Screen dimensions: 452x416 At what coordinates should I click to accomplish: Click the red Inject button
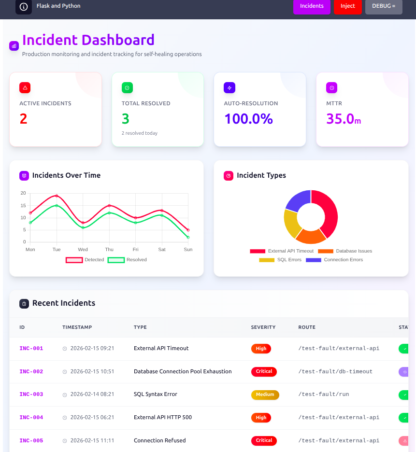click(x=347, y=6)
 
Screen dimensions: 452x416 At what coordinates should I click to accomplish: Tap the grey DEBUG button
click(x=384, y=6)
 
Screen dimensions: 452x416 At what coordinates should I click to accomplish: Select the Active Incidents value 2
click(x=23, y=119)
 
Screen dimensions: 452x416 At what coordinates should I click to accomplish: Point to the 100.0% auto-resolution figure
click(x=248, y=119)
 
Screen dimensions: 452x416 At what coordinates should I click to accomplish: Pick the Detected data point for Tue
click(x=57, y=196)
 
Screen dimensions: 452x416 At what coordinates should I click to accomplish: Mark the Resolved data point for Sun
click(x=188, y=237)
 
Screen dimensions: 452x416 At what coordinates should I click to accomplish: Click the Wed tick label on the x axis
click(x=83, y=250)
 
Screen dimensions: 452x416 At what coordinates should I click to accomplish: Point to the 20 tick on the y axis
click(x=23, y=193)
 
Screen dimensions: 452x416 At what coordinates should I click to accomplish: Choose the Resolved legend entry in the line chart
click(x=127, y=260)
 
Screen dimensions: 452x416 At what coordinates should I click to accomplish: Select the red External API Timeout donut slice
click(x=327, y=212)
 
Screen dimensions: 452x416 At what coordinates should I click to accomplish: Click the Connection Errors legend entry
click(x=334, y=260)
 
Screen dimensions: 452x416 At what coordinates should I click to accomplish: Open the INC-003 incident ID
click(x=31, y=395)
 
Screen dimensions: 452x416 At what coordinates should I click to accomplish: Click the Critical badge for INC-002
click(x=264, y=371)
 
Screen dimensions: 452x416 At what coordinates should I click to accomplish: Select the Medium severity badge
click(x=265, y=395)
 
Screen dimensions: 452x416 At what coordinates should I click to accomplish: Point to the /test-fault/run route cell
click(x=323, y=395)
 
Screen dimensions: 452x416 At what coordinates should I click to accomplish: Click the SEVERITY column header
click(x=263, y=327)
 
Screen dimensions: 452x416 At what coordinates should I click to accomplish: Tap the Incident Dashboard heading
click(x=88, y=40)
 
